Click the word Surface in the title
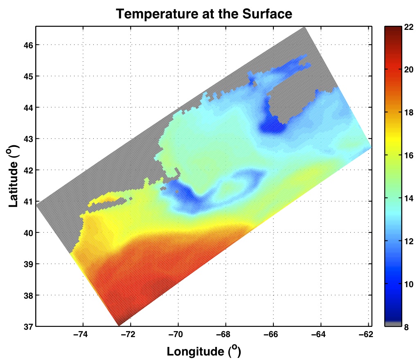(269, 14)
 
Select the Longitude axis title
(203, 351)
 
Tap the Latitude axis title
(13, 176)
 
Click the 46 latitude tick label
(27, 45)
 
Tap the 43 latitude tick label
(27, 139)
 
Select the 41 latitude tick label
(27, 201)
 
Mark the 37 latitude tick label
(27, 326)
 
